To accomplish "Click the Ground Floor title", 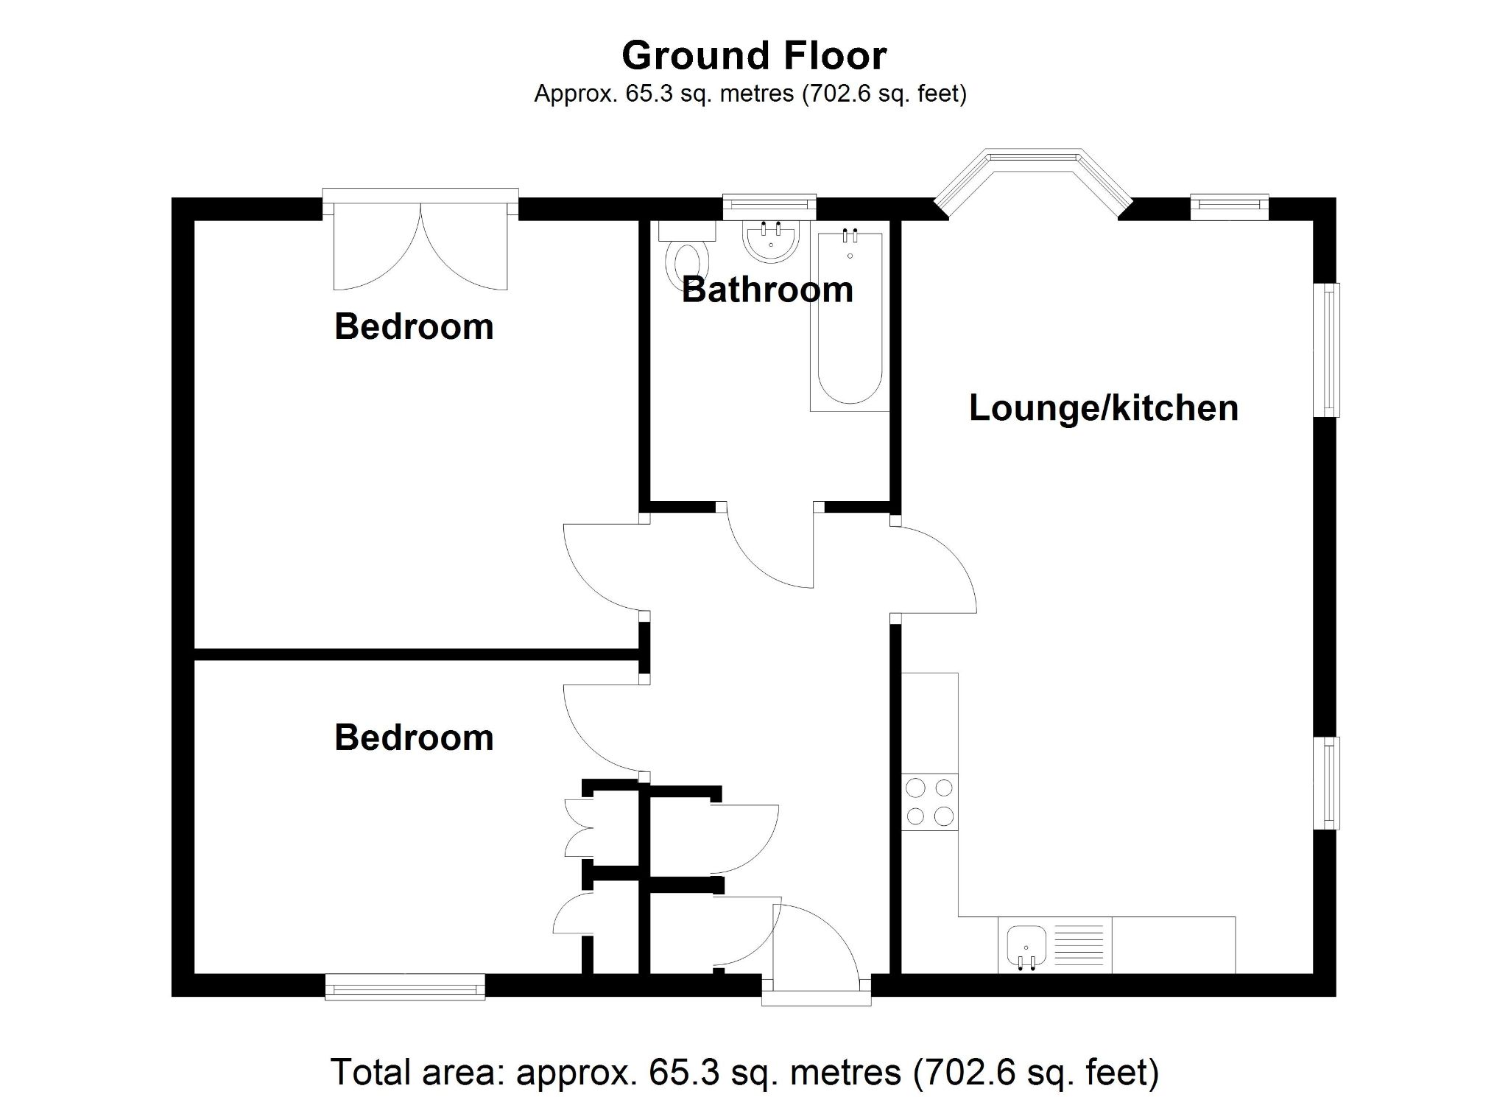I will coord(754,55).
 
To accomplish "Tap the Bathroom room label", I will coord(767,290).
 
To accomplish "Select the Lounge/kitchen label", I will coord(1103,407).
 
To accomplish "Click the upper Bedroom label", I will coord(414,326).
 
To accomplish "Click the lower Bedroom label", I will coord(414,737).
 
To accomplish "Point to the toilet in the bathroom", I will coord(686,262).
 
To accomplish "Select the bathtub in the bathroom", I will coord(850,320).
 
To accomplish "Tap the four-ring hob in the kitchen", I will coord(929,802).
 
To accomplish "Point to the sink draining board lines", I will coord(1079,946).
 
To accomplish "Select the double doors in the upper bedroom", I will coord(420,250).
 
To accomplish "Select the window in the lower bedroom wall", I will coord(405,986).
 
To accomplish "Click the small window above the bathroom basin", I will coord(769,206).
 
